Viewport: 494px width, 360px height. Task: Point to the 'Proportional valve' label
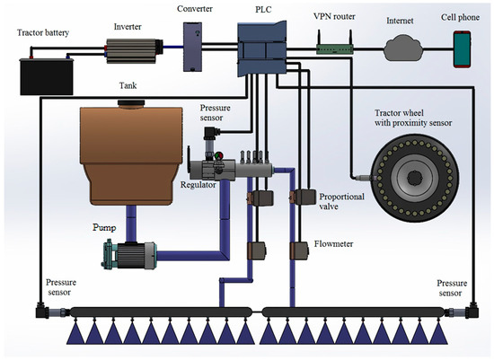342,201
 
